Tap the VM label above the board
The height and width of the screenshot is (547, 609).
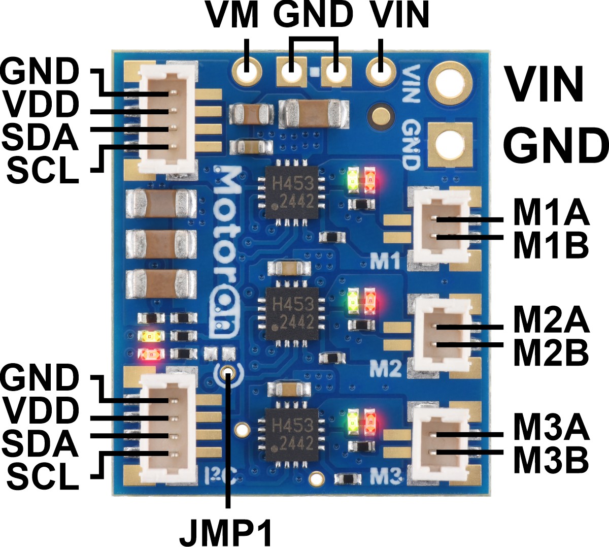point(233,15)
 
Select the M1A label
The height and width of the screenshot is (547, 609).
point(551,214)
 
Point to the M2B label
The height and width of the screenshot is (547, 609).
point(551,351)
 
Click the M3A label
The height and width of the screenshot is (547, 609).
point(551,428)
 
